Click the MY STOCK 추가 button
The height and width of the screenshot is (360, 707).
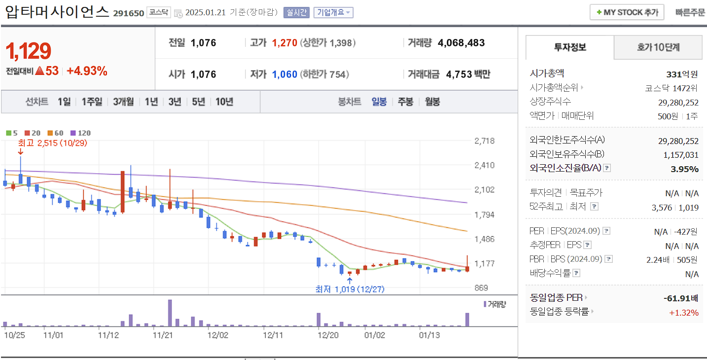[627, 12]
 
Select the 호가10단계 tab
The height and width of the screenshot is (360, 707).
[658, 47]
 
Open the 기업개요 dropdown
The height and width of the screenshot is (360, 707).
[333, 12]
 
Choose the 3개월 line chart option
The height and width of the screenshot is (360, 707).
[123, 102]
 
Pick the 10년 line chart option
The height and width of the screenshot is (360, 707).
[224, 102]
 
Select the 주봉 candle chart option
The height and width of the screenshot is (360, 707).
[405, 102]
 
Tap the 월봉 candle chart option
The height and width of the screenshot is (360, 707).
[432, 102]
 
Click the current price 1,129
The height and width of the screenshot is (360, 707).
[29, 51]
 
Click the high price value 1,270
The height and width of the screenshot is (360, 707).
[284, 43]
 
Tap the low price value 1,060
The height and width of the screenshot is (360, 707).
[284, 74]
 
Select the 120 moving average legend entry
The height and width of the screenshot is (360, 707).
[81, 133]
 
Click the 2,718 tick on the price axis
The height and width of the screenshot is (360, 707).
[484, 141]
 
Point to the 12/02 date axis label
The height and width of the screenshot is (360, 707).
[218, 335]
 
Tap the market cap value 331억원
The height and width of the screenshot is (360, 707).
[682, 74]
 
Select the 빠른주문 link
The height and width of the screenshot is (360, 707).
[690, 12]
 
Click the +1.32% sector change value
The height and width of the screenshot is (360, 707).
[683, 312]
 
